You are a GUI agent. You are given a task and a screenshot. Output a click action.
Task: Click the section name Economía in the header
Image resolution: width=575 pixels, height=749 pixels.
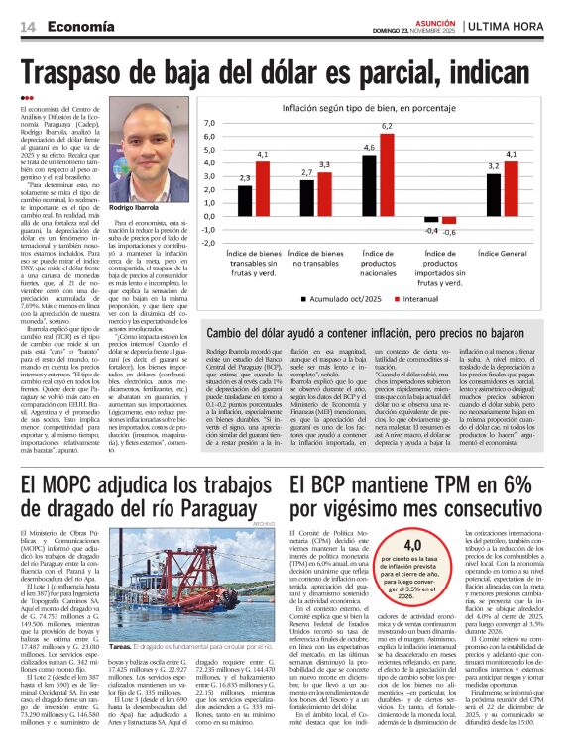(x=81, y=28)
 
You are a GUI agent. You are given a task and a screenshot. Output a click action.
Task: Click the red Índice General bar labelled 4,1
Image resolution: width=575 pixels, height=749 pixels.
(x=512, y=188)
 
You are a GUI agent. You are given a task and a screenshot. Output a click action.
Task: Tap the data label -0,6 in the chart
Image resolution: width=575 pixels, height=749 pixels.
(x=449, y=232)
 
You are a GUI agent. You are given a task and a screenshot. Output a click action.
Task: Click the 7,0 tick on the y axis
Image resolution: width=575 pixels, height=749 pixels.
(x=210, y=123)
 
